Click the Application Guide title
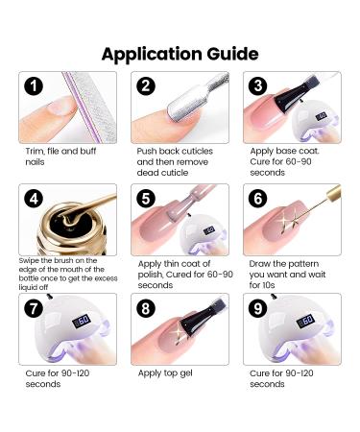(x=180, y=52)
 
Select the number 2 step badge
(x=147, y=86)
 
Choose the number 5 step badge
(x=147, y=199)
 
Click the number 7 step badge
(x=35, y=311)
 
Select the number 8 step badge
(x=147, y=311)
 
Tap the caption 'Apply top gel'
(x=163, y=372)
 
